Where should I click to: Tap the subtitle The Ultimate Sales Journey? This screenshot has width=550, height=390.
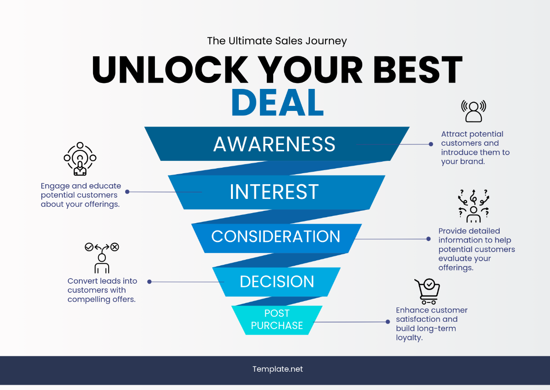tap(277, 41)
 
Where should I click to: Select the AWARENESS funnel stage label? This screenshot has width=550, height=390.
tap(274, 144)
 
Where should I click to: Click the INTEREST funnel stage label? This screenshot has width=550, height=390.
tap(274, 192)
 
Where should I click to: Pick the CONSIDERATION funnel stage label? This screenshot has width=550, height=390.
tap(275, 236)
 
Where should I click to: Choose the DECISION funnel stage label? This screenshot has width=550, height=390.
tap(277, 281)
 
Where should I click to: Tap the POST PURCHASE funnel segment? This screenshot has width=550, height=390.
tap(277, 319)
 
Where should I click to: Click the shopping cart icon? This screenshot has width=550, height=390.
tap(427, 291)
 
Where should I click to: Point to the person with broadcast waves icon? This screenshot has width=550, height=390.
tap(473, 111)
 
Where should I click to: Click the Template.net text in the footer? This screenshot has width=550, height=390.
tap(277, 369)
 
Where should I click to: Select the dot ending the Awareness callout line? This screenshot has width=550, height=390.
tap(431, 144)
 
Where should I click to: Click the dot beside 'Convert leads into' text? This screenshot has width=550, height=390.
tap(149, 282)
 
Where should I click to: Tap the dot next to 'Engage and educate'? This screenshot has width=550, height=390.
tap(127, 192)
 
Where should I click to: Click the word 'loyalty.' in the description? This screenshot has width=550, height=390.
tap(409, 338)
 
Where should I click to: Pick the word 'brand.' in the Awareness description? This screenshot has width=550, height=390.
tap(472, 161)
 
